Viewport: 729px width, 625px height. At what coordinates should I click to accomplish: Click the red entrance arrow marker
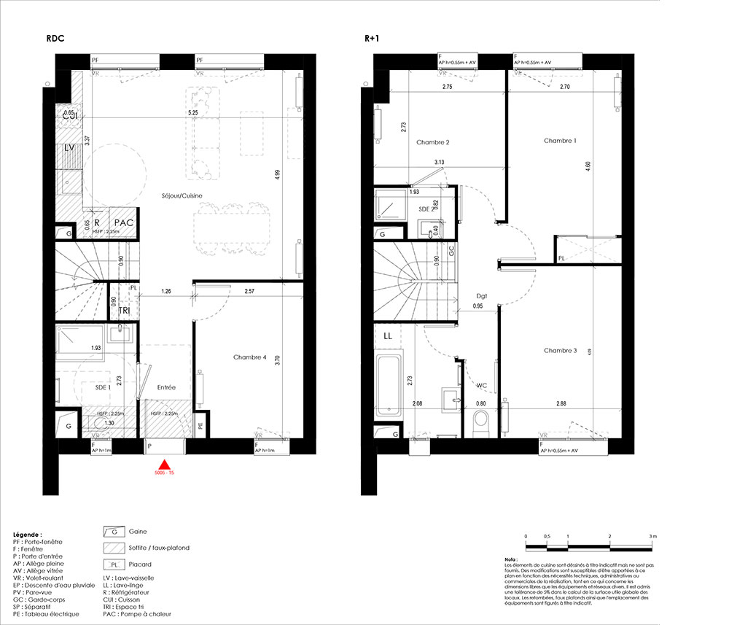tap(165, 465)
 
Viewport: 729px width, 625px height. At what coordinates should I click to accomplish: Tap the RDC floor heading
tap(55, 39)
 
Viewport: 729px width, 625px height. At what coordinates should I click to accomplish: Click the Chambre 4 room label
tap(250, 357)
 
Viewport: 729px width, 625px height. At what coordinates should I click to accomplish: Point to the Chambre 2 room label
tap(432, 142)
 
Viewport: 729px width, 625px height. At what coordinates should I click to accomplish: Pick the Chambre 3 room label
tap(560, 351)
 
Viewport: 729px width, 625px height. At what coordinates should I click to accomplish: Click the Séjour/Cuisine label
tap(182, 195)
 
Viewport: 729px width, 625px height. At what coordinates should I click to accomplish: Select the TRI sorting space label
tap(125, 310)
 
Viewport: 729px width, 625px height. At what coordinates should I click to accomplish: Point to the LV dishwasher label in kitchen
tap(70, 148)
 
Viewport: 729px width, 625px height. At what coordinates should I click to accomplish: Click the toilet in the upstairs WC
tap(480, 421)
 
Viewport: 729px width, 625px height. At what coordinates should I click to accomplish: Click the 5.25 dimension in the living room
tap(192, 114)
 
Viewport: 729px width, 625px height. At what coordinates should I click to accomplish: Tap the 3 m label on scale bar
tap(652, 536)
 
